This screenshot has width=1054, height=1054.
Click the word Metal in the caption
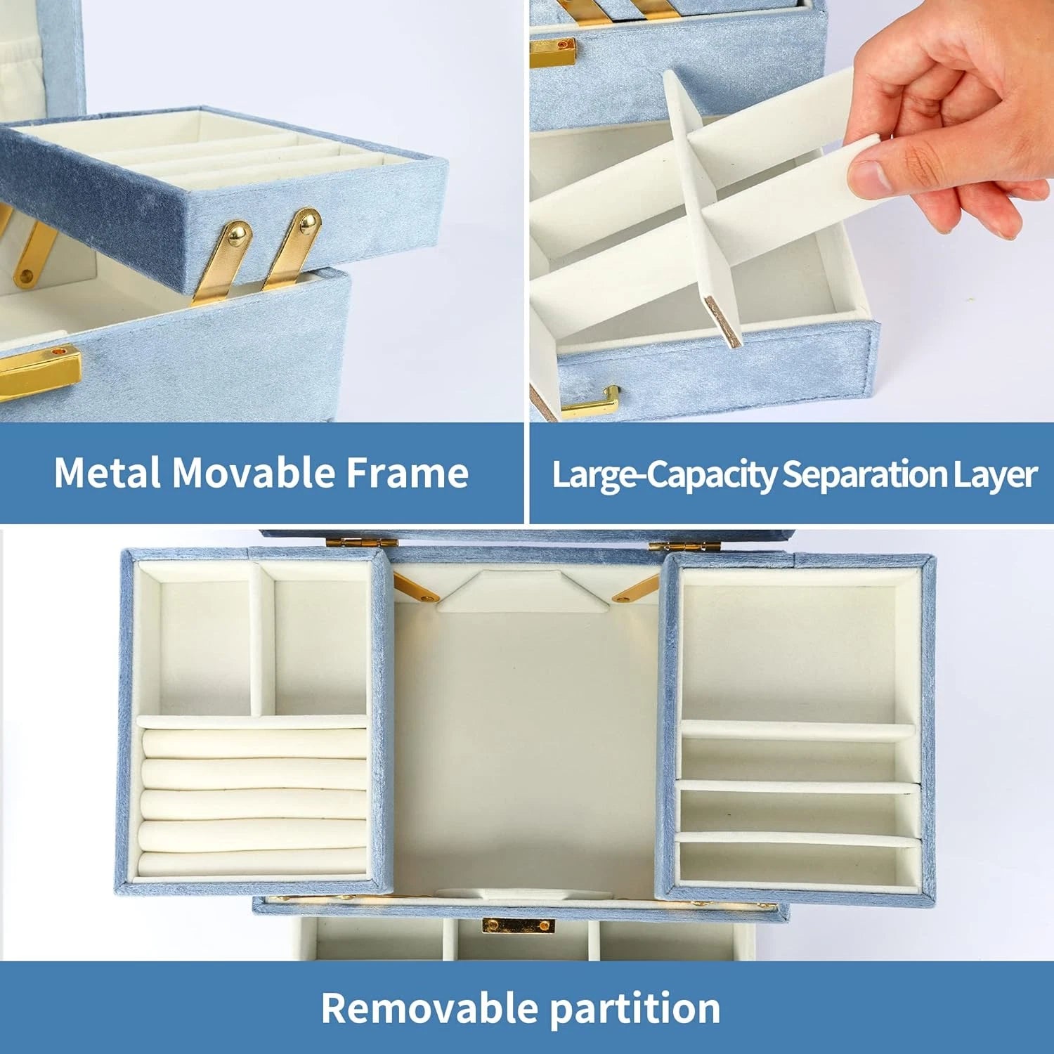coord(108,473)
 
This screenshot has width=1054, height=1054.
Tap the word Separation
coord(864,475)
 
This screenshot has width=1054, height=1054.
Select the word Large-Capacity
coord(665,475)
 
